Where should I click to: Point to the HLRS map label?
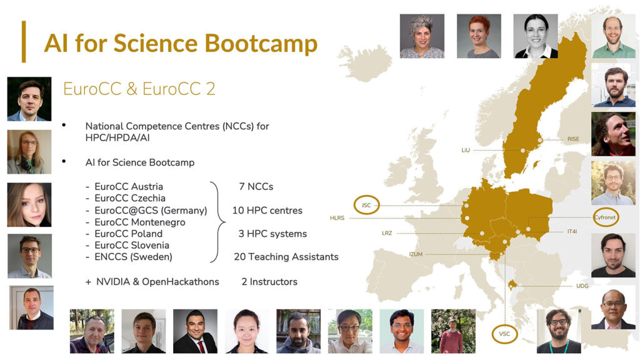pyautogui.click(x=337, y=218)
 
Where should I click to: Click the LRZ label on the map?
pyautogui.click(x=387, y=233)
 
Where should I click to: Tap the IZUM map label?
pyautogui.click(x=416, y=254)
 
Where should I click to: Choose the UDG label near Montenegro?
pyautogui.click(x=582, y=286)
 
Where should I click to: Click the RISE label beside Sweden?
pyautogui.click(x=573, y=139)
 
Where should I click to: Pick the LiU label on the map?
pyautogui.click(x=466, y=150)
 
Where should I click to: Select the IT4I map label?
pyautogui.click(x=572, y=231)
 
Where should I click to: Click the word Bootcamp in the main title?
pyautogui.click(x=261, y=44)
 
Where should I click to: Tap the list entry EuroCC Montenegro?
pyautogui.click(x=140, y=222)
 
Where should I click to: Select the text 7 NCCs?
pyautogui.click(x=256, y=186)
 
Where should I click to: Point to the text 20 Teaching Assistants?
pyautogui.click(x=286, y=257)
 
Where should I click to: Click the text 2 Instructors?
pyautogui.click(x=269, y=282)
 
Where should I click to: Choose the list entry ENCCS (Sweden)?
pyautogui.click(x=134, y=257)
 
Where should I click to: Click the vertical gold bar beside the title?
pyautogui.click(x=24, y=42)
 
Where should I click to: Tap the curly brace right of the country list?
pyautogui.click(x=217, y=222)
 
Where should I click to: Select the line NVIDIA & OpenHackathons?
pyautogui.click(x=157, y=282)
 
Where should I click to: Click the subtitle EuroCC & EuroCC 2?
pyautogui.click(x=139, y=89)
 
